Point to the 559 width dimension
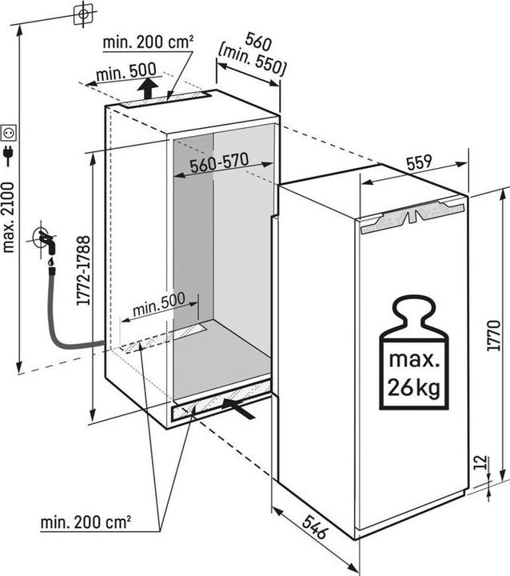point(419,162)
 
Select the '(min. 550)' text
point(252,63)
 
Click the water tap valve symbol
point(45,239)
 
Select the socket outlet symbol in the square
point(10,130)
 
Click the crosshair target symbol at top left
point(82,14)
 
